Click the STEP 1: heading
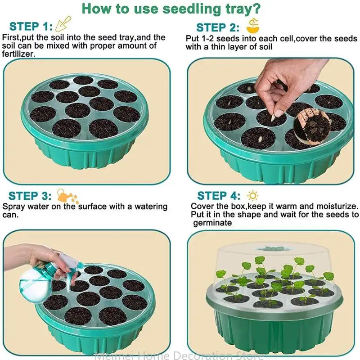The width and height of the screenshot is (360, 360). (31, 26)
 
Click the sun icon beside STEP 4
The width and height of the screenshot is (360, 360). (253, 196)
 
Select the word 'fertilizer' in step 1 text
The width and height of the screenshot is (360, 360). (18, 54)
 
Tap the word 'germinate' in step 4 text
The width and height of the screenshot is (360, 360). (212, 223)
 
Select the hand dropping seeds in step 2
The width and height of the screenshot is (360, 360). (288, 81)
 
